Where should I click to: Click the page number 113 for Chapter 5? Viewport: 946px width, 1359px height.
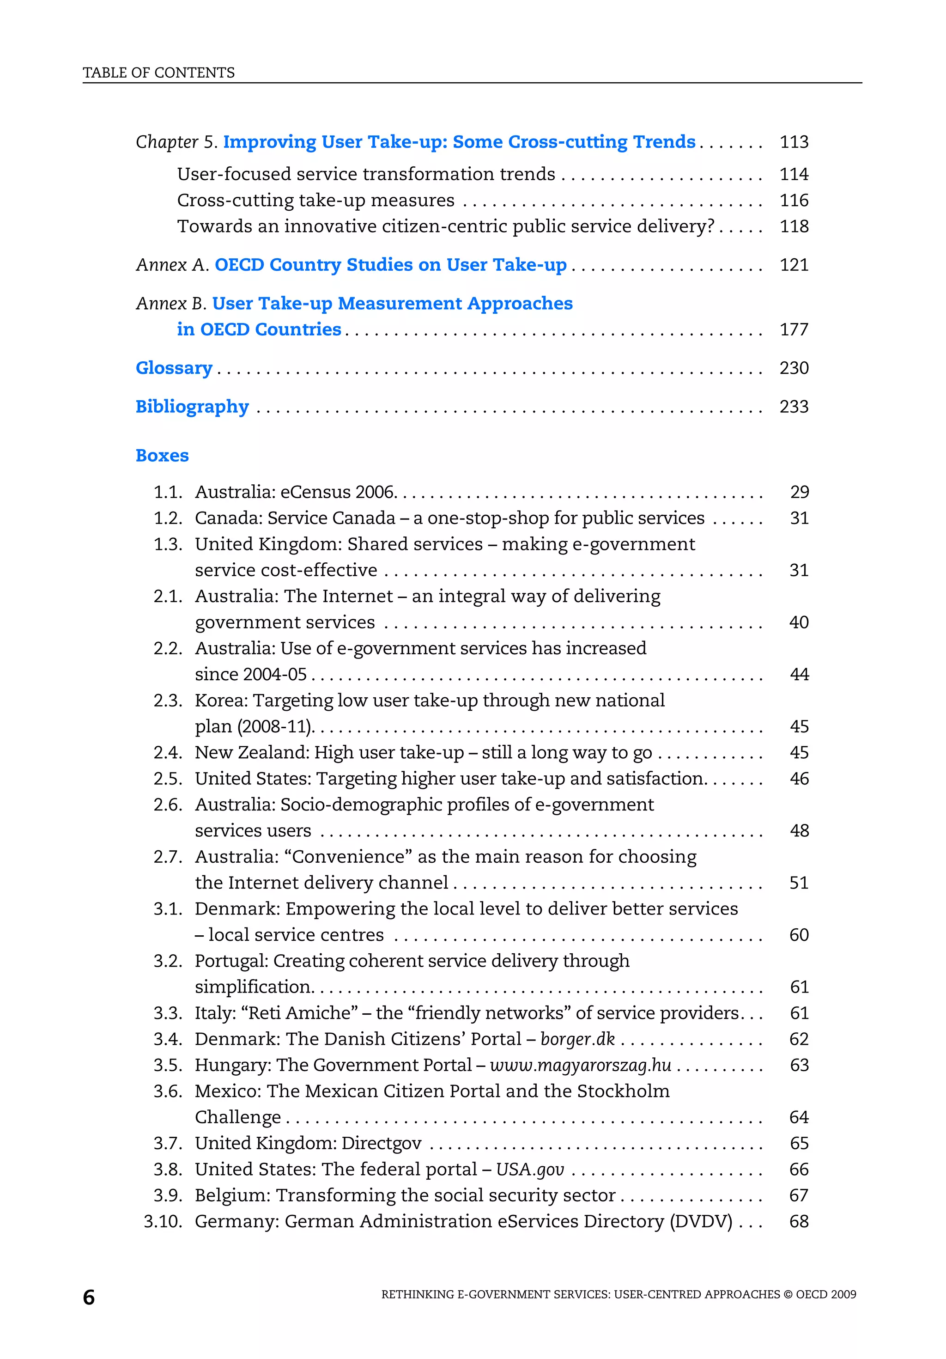click(x=794, y=142)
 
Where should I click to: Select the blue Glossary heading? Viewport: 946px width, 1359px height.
click(x=174, y=368)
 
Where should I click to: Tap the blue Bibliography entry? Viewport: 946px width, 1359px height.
click(x=192, y=407)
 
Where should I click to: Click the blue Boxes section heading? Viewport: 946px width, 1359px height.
click(x=162, y=456)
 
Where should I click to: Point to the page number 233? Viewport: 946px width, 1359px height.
click(x=794, y=407)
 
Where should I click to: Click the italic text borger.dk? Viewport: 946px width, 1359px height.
click(x=577, y=1039)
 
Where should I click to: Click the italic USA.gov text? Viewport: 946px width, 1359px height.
click(x=529, y=1170)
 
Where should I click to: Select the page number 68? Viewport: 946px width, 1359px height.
click(x=799, y=1222)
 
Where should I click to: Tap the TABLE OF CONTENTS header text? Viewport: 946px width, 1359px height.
click(x=158, y=73)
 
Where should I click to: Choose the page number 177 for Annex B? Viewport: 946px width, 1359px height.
click(x=794, y=329)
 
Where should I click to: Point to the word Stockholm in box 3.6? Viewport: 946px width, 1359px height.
click(x=623, y=1091)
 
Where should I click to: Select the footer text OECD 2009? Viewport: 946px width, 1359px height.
click(x=825, y=1294)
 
